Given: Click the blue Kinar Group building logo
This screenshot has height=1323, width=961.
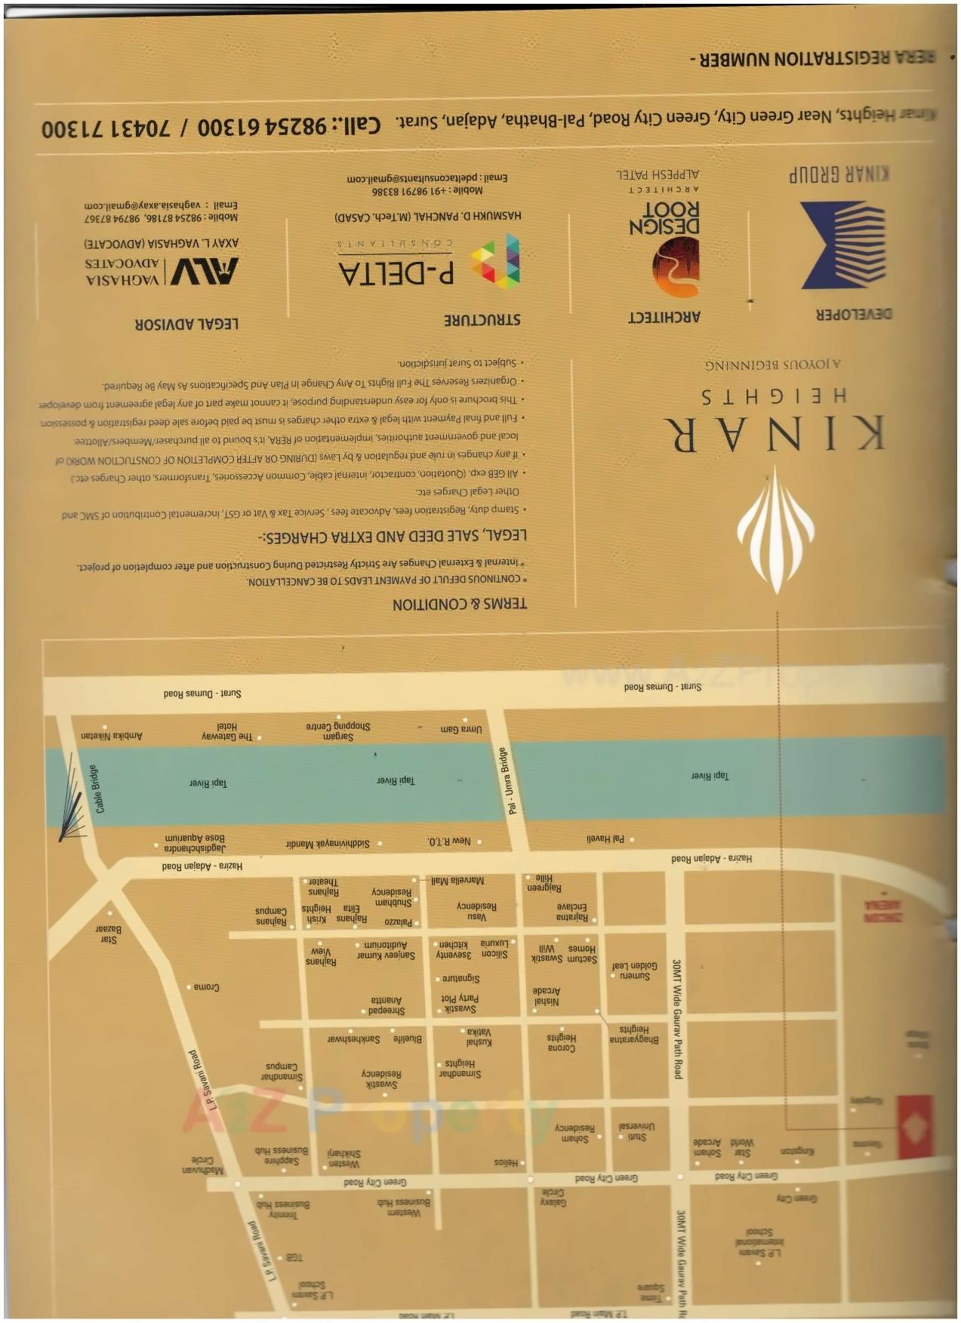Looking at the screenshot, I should click(843, 245).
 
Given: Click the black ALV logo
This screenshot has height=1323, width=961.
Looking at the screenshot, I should click(204, 271).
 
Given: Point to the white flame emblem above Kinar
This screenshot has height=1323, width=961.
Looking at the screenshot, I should click(776, 528).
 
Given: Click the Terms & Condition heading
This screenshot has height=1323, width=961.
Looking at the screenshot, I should click(459, 604).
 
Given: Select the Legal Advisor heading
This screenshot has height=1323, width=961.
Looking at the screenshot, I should click(186, 324).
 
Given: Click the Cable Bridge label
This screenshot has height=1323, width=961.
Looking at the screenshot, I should click(99, 789).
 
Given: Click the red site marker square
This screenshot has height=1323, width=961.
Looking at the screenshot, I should click(916, 1128).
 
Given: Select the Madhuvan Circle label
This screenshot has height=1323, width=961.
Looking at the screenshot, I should click(202, 1165).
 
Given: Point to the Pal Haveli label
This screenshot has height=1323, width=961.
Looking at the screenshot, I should click(605, 838).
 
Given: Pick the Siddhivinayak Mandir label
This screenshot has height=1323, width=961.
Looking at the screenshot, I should click(328, 843).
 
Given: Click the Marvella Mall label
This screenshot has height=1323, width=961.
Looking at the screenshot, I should click(457, 881).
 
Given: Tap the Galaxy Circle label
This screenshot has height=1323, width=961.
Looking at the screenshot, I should click(553, 1197).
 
